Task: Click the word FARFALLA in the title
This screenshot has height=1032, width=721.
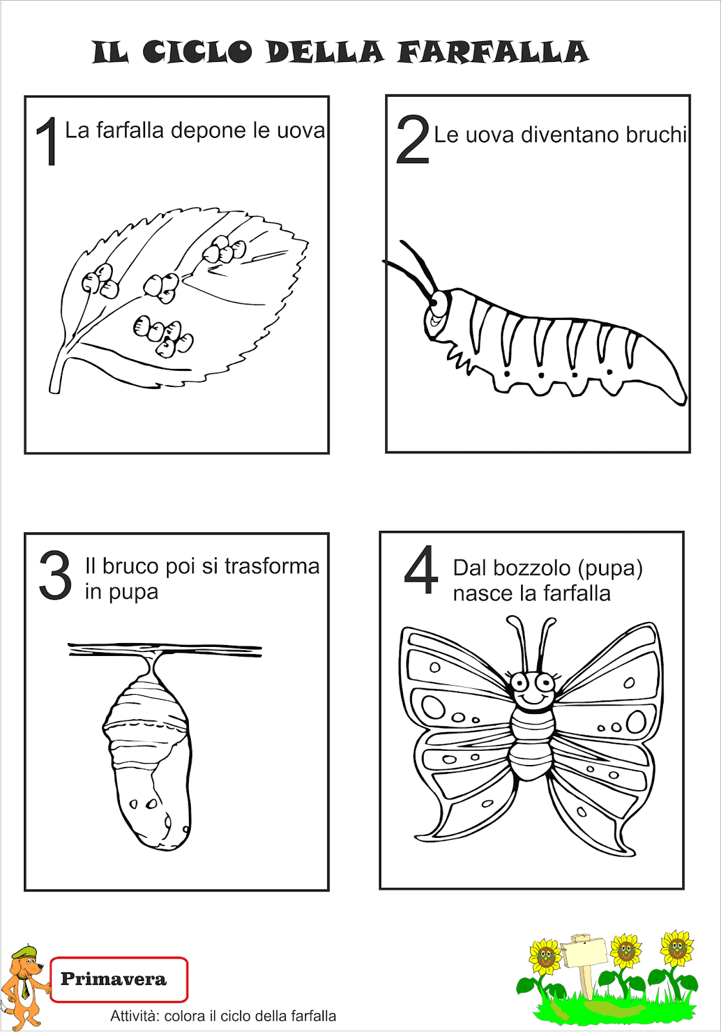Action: pyautogui.click(x=493, y=52)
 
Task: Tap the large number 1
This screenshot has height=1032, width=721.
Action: pyautogui.click(x=47, y=142)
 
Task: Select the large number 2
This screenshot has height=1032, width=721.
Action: pyautogui.click(x=413, y=139)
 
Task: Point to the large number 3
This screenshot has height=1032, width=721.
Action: pyautogui.click(x=55, y=575)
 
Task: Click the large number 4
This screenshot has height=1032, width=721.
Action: pyautogui.click(x=421, y=570)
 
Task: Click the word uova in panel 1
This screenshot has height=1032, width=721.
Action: pyautogui.click(x=301, y=131)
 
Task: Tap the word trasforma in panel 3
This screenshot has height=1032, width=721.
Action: pyautogui.click(x=272, y=566)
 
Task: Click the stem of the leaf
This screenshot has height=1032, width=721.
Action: pyautogui.click(x=57, y=377)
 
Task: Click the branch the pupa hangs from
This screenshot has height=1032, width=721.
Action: pyautogui.click(x=165, y=650)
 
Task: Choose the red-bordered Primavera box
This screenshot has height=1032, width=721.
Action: pyautogui.click(x=119, y=979)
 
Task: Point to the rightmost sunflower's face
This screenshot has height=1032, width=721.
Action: pyautogui.click(x=677, y=949)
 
